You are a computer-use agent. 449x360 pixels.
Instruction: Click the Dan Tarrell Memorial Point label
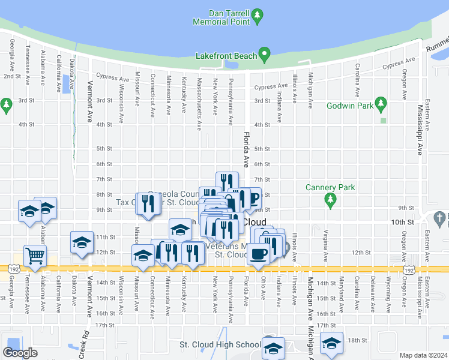[220, 17]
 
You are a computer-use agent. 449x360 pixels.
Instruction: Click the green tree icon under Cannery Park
[329, 199]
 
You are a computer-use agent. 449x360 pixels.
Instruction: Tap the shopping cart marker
[35, 256]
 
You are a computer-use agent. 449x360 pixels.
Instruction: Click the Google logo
[20, 353]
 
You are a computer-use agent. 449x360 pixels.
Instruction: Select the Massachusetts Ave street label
[199, 98]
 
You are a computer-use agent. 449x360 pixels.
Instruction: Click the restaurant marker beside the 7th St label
[227, 182]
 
